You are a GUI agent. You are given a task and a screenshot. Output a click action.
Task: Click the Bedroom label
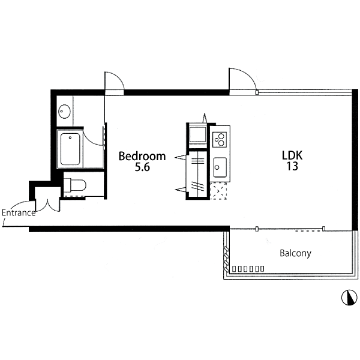142,156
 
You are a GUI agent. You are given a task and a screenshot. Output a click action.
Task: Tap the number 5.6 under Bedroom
142,167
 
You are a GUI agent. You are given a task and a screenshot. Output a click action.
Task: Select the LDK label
292,155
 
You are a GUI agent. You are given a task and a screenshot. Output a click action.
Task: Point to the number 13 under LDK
292,166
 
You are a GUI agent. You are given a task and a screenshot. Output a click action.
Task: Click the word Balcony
295,253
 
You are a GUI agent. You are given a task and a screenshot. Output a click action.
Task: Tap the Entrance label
19,212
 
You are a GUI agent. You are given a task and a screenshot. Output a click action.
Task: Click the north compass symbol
349,298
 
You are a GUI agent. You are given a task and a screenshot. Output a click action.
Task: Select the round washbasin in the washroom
64,112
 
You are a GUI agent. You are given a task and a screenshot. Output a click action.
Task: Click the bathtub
70,149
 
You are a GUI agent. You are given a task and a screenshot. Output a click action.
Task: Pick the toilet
75,185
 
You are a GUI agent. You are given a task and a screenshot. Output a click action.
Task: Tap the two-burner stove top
220,140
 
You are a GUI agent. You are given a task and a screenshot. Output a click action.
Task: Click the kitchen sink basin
220,167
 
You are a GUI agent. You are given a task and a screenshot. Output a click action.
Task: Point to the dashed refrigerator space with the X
218,191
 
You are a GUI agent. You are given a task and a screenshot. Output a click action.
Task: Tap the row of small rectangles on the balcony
248,269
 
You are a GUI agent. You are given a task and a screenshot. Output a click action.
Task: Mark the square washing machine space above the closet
197,134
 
